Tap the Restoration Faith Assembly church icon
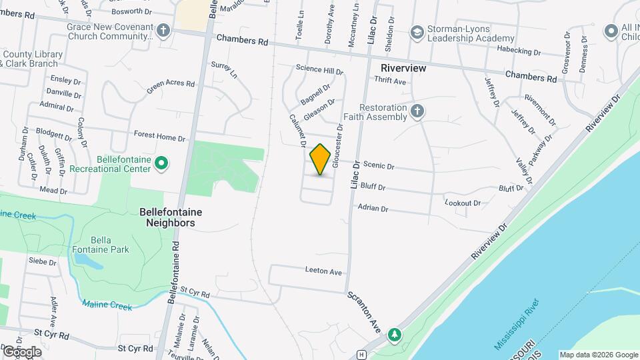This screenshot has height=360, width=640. click(417, 111)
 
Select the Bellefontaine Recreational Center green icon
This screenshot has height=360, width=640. click(161, 163)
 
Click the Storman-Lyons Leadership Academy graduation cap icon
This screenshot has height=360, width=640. click(417, 32)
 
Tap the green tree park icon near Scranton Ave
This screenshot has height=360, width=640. click(395, 334)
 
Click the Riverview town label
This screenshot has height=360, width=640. click(403, 68)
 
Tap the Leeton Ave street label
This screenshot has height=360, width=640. click(323, 272)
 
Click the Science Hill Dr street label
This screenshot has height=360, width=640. click(319, 71)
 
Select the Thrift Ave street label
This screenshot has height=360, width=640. click(390, 81)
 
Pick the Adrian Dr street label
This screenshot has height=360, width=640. click(373, 208)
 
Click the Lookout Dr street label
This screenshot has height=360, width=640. click(463, 203)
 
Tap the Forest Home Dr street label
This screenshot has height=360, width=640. click(159, 137)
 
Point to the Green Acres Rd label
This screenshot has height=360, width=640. click(171, 89)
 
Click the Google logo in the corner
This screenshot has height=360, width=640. click(21, 351)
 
